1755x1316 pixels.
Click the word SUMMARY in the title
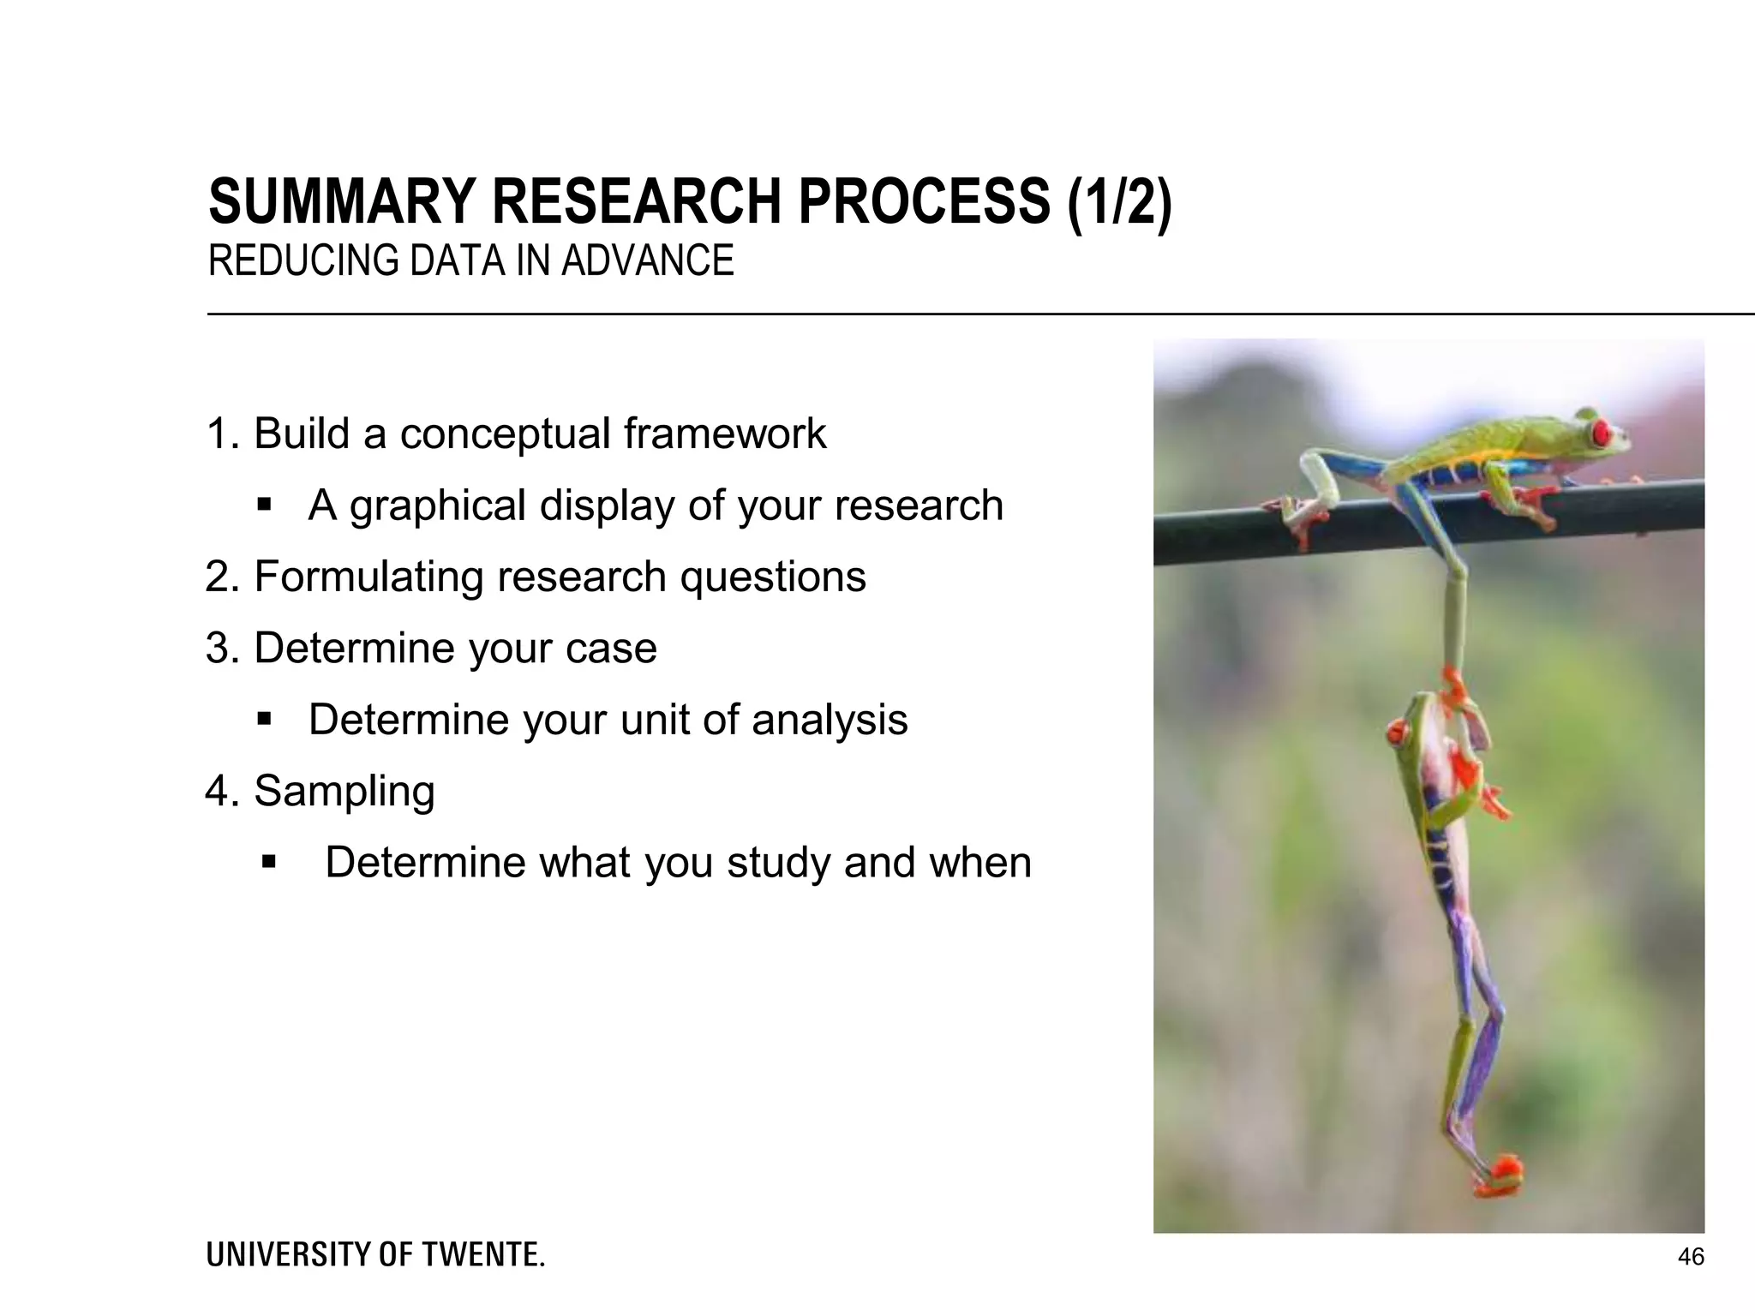point(340,202)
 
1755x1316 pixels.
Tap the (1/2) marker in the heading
point(1119,202)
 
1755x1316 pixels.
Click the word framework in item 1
point(724,434)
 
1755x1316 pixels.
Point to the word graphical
point(438,505)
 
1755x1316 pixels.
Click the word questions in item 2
point(773,577)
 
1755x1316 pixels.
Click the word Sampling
point(344,792)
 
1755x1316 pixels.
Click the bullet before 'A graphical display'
point(264,505)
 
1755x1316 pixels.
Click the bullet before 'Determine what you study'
point(269,861)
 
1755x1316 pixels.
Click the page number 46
point(1691,1257)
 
